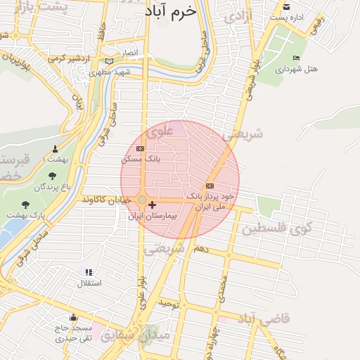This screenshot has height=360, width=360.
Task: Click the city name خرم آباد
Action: coord(167,13)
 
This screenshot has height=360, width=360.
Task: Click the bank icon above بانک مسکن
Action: coord(140,148)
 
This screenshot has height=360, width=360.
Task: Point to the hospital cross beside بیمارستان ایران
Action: coord(153,205)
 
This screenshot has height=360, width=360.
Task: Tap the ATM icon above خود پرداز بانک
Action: coord(209,185)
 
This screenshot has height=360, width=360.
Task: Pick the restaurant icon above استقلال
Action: coord(89,272)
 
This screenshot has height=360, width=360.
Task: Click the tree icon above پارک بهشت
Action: coord(26,205)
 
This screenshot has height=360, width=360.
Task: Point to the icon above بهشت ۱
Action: coord(56,149)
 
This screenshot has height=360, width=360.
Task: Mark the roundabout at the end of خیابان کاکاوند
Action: coord(142,200)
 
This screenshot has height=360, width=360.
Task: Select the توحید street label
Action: coord(170,304)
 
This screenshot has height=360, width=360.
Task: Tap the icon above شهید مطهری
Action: coord(108,62)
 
